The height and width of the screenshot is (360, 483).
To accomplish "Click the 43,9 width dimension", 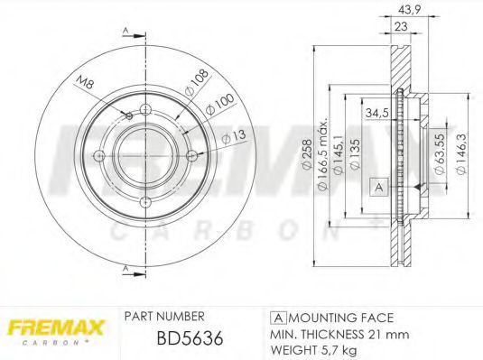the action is pyautogui.click(x=409, y=10).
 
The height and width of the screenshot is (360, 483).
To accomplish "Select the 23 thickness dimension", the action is pyautogui.click(x=401, y=26).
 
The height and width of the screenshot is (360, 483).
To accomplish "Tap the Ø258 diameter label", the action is pyautogui.click(x=307, y=153).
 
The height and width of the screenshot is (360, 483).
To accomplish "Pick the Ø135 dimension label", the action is pyautogui.click(x=355, y=153).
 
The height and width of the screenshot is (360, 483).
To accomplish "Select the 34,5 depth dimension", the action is pyautogui.click(x=376, y=113).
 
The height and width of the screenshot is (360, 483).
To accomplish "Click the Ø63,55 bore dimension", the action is pyautogui.click(x=440, y=153).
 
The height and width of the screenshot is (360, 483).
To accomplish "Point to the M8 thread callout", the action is pyautogui.click(x=84, y=81).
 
